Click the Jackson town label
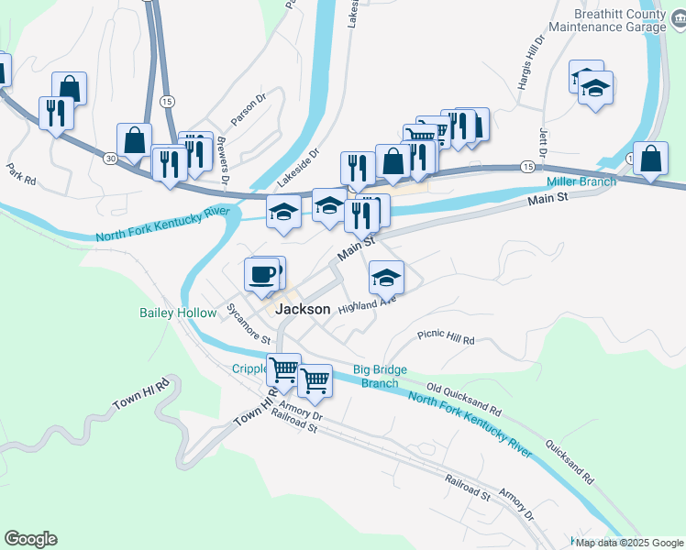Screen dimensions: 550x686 tap(303, 310)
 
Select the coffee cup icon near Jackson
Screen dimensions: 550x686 tap(261, 273)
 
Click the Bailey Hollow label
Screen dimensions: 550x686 tap(177, 313)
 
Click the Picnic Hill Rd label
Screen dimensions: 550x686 tap(445, 339)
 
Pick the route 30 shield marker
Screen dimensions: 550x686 tap(109, 159)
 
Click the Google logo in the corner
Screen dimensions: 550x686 tap(30, 539)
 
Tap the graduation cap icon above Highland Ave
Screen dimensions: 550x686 tap(386, 275)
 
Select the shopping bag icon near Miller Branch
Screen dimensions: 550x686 tap(650, 159)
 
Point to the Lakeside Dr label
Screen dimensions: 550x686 tap(302, 163)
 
